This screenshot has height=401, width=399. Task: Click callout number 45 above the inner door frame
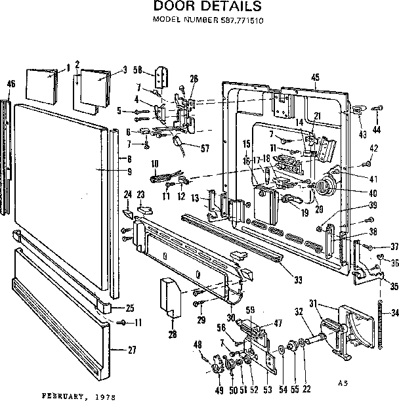coord(315,77)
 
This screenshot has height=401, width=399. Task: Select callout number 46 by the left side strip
coord(10,83)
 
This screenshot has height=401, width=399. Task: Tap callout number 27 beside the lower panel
coord(131,349)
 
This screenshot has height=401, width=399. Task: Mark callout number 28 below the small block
coord(173,335)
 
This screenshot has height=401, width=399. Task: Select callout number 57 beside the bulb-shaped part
coord(204,148)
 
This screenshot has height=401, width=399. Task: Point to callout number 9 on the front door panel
coord(129,172)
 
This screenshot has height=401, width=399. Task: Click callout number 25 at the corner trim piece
coord(129,308)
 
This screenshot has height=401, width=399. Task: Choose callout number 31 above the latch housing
coord(313,303)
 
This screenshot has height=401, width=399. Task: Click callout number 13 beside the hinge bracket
coord(195,198)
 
